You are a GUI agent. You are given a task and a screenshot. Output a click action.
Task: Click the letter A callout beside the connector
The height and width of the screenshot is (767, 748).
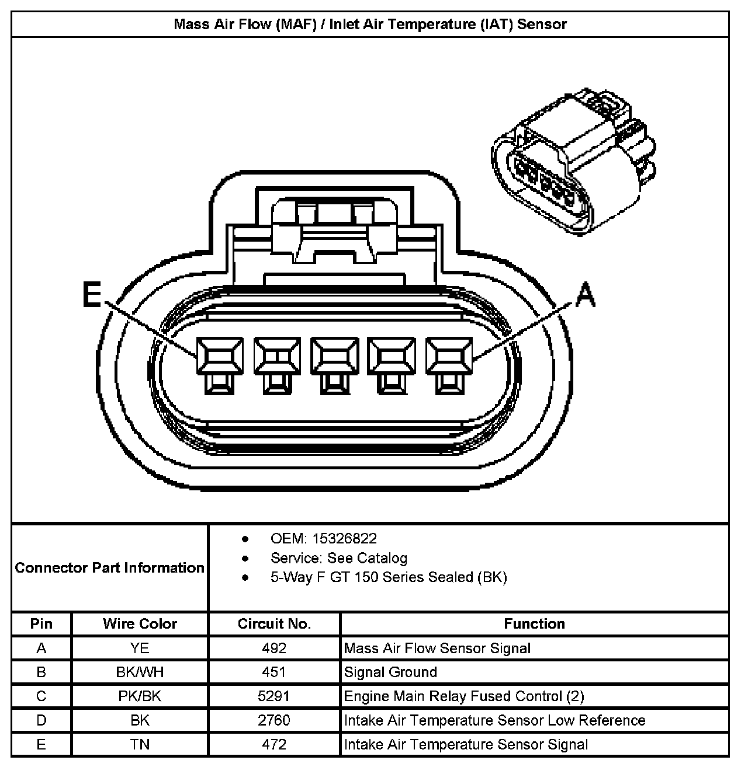585,295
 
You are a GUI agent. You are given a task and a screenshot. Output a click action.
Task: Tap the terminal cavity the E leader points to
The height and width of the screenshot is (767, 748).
219,356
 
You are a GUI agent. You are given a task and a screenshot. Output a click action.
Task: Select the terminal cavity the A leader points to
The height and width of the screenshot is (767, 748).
449,356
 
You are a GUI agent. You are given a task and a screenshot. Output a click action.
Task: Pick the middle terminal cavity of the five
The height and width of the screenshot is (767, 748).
334,356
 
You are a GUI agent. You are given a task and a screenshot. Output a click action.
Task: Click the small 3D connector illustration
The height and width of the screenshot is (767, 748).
573,163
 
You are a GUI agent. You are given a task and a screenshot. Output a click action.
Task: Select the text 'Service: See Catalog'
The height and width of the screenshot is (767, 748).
339,558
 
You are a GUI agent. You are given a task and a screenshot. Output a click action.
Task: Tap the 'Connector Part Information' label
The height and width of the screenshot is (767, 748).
110,568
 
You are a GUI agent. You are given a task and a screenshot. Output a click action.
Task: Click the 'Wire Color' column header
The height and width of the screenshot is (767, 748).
140,623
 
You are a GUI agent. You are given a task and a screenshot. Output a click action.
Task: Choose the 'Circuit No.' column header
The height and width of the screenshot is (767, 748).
274,623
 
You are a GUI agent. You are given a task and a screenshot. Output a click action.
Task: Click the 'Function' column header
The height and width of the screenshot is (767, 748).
534,623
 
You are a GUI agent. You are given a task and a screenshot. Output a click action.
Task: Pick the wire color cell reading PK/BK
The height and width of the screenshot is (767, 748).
140,696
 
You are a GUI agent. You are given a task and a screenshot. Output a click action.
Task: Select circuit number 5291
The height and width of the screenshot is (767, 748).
274,696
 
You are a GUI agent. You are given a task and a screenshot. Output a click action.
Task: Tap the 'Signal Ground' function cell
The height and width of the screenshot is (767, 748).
390,672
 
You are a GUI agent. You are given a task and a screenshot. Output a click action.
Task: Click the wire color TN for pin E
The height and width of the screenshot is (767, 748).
140,744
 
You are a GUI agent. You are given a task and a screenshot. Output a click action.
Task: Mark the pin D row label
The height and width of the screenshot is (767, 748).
41,720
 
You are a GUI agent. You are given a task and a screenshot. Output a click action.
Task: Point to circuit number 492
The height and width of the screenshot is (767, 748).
274,648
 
